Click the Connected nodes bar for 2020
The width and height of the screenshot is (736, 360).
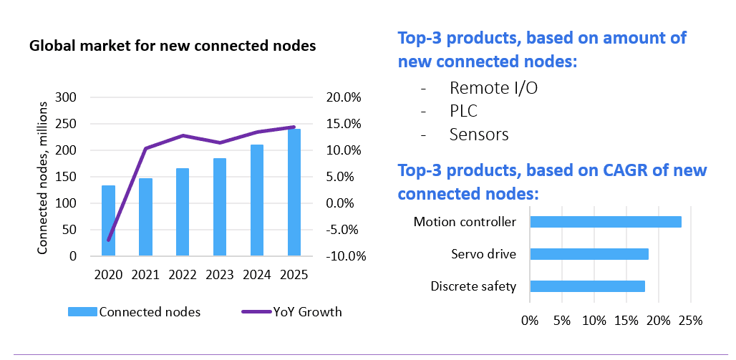point(108,220)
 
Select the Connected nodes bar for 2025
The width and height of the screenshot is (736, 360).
point(294,193)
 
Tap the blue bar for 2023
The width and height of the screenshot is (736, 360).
point(220,207)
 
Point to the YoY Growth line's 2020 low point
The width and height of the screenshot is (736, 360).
point(108,240)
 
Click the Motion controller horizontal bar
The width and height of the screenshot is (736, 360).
point(606,222)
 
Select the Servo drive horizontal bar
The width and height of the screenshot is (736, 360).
point(589,254)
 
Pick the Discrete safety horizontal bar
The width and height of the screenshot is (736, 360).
point(587,286)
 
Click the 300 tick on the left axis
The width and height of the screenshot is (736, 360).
point(65,97)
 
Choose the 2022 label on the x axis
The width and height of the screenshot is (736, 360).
point(183,275)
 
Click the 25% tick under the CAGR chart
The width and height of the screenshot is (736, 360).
point(690,321)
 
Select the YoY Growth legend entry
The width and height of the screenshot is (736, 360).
point(291,311)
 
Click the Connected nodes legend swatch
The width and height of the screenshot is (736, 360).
point(82,311)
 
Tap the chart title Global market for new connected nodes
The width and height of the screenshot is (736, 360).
point(173,47)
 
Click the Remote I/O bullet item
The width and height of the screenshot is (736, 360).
point(493,88)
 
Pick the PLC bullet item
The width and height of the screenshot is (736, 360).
point(463,111)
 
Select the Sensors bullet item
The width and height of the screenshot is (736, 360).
point(479,135)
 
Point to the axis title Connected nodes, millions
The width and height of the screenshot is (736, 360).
point(43,178)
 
